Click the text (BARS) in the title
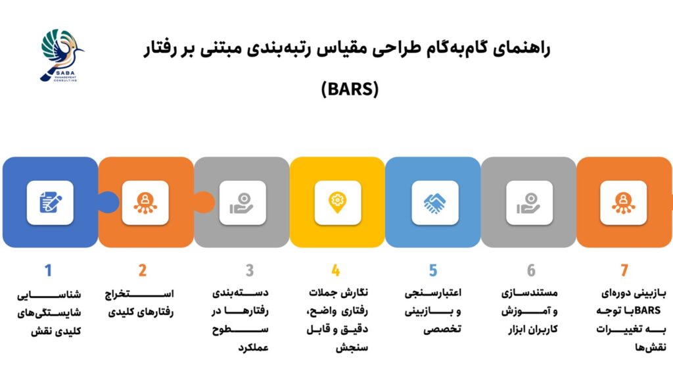tap(350, 89)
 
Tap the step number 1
tap(48, 270)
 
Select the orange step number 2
tap(143, 270)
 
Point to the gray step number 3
tap(250, 270)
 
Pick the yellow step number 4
tap(336, 270)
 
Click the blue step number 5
tap(432, 270)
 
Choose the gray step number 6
tap(531, 270)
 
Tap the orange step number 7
tap(624, 270)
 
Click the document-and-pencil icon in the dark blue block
tap(50, 203)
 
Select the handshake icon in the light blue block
tap(434, 203)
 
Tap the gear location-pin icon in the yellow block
tap(337, 203)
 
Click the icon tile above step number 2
tap(145, 203)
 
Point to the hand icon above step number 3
tap(242, 203)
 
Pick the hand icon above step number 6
tap(529, 203)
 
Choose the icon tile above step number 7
tap(623, 203)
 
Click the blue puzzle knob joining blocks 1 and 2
tap(108, 202)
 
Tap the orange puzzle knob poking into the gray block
tap(204, 202)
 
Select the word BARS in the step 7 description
tap(647, 310)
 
